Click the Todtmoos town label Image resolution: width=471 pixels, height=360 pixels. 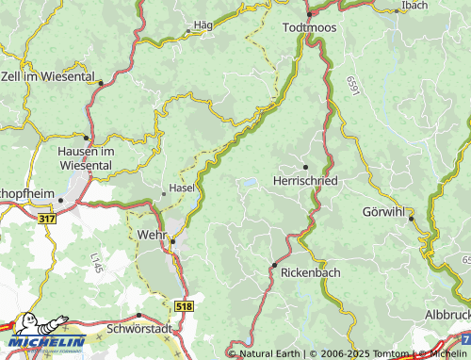[311, 28]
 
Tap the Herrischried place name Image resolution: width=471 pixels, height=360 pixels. [304, 179]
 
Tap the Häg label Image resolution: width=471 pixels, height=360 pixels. [203, 24]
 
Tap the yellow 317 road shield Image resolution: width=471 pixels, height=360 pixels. [48, 218]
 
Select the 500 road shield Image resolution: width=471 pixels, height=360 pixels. [463, 336]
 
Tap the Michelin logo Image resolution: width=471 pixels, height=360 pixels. [42, 335]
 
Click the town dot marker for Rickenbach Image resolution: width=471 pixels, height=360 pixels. [274, 264]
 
